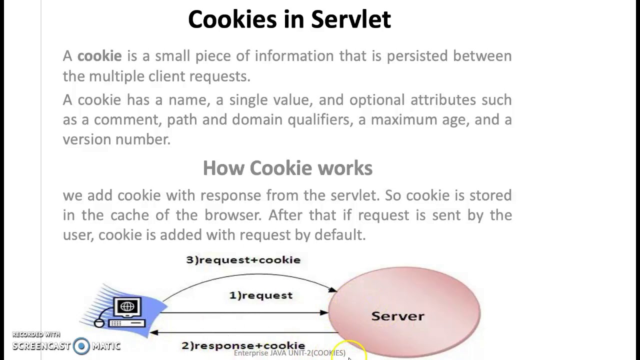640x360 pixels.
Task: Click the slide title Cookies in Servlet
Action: (x=289, y=20)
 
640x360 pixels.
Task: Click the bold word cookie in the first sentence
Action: (x=99, y=56)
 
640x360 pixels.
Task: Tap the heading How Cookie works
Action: (x=287, y=168)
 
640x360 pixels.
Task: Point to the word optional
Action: (x=377, y=100)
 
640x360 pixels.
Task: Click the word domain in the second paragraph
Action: (x=250, y=120)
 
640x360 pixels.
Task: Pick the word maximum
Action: (x=399, y=120)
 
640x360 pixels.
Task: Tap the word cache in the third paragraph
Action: (x=129, y=215)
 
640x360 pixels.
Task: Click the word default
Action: (x=339, y=235)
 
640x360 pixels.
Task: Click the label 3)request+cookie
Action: (x=243, y=260)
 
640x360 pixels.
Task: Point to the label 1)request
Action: (x=260, y=295)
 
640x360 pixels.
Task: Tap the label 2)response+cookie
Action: (x=243, y=345)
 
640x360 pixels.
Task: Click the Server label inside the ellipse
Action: (x=397, y=316)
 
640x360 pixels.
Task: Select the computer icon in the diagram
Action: (x=126, y=311)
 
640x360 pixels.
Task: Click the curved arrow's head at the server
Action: (x=332, y=290)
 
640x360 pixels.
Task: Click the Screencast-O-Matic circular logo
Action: (x=81, y=346)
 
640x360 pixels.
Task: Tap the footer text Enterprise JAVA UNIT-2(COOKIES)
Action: (x=289, y=353)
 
